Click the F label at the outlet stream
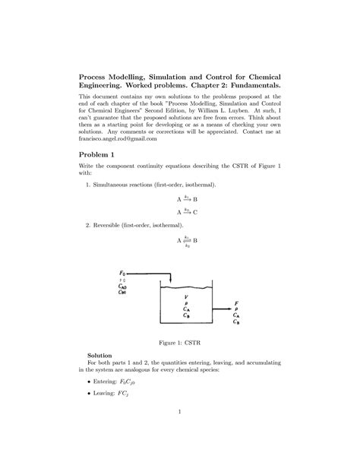coord(237,302)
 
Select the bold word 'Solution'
coord(100,355)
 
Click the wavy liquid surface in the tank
coord(186,288)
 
